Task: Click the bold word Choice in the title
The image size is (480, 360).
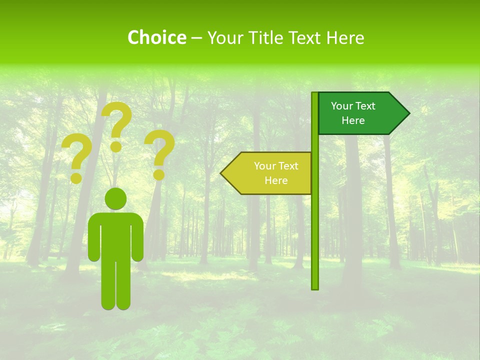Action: point(156,37)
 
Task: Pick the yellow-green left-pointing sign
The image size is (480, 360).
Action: point(270,173)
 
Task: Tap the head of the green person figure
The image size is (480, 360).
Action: point(115,198)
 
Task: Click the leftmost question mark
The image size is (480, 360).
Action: point(76,152)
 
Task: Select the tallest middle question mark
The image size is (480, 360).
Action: point(118,120)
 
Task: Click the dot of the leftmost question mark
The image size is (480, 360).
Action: point(76,177)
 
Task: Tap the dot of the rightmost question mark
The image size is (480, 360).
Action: point(158,174)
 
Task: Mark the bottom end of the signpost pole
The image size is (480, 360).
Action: point(315,287)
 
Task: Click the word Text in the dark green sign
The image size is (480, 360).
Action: point(365,106)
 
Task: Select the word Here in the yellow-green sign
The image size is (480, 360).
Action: point(276,180)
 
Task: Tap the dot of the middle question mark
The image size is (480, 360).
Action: point(116,146)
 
